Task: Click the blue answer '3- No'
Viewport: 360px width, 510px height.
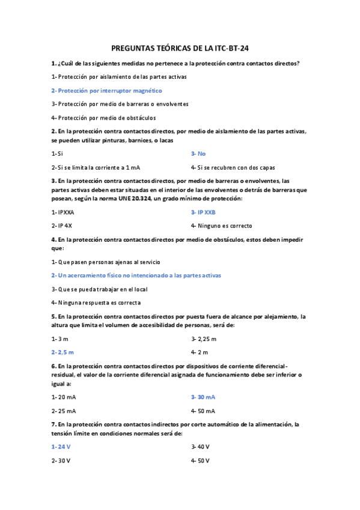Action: pyautogui.click(x=198, y=154)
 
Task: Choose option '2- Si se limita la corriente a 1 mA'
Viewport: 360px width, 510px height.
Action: pyautogui.click(x=96, y=167)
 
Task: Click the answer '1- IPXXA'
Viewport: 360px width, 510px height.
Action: pyautogui.click(x=63, y=212)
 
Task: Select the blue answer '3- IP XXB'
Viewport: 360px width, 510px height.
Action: pyautogui.click(x=203, y=212)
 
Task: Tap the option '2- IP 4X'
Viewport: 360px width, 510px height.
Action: pyautogui.click(x=62, y=226)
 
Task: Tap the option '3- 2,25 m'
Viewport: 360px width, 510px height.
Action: pyautogui.click(x=204, y=339)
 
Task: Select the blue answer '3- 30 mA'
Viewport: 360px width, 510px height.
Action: pyautogui.click(x=203, y=397)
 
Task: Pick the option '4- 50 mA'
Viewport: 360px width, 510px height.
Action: pyautogui.click(x=203, y=411)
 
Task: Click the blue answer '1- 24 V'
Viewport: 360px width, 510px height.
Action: pyautogui.click(x=61, y=446)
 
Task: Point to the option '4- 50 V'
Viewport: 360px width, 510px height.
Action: pyautogui.click(x=200, y=460)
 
